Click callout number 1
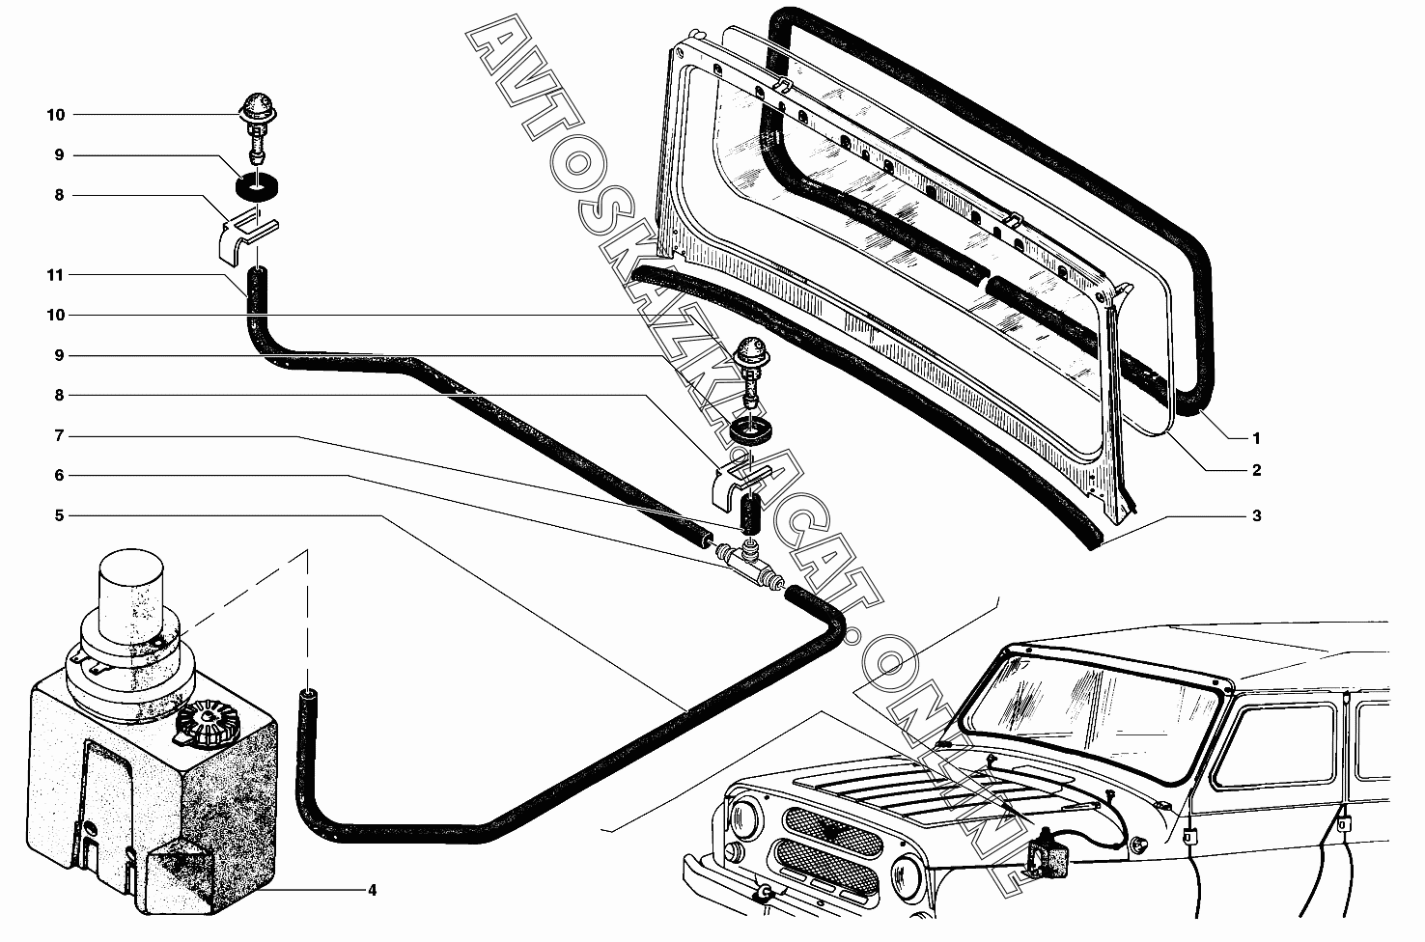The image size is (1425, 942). coord(1256,438)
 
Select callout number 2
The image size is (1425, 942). coord(1256,470)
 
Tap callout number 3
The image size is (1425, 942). coord(1256,515)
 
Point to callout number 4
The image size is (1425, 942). coord(372,890)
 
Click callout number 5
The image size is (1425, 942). coord(59,515)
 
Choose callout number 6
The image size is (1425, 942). coord(59,475)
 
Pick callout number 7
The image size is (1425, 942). coord(59,435)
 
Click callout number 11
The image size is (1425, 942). coord(56,275)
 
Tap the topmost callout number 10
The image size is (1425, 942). coord(56,115)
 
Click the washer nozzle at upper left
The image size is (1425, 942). coord(256,127)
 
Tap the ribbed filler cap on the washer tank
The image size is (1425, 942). coord(204,724)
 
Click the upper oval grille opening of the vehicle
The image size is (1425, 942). coord(832,831)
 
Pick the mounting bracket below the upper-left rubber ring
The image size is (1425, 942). coord(246,238)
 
